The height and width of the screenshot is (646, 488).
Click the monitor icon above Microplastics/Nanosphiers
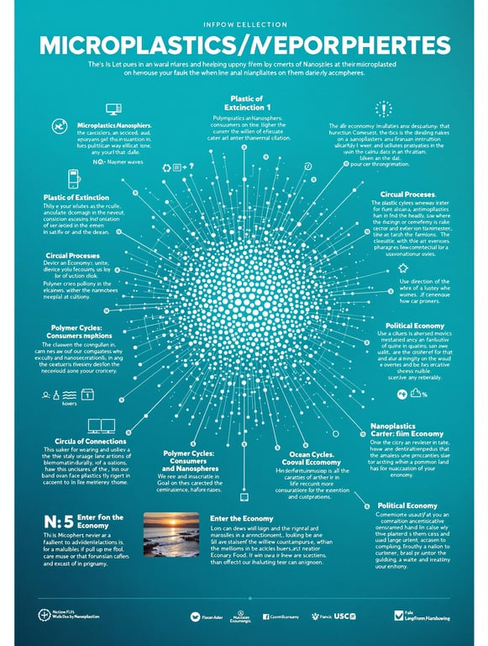113,109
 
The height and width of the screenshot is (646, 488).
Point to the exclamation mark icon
383,108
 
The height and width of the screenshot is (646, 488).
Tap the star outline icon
403,267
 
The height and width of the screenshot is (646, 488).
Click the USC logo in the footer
344,617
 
